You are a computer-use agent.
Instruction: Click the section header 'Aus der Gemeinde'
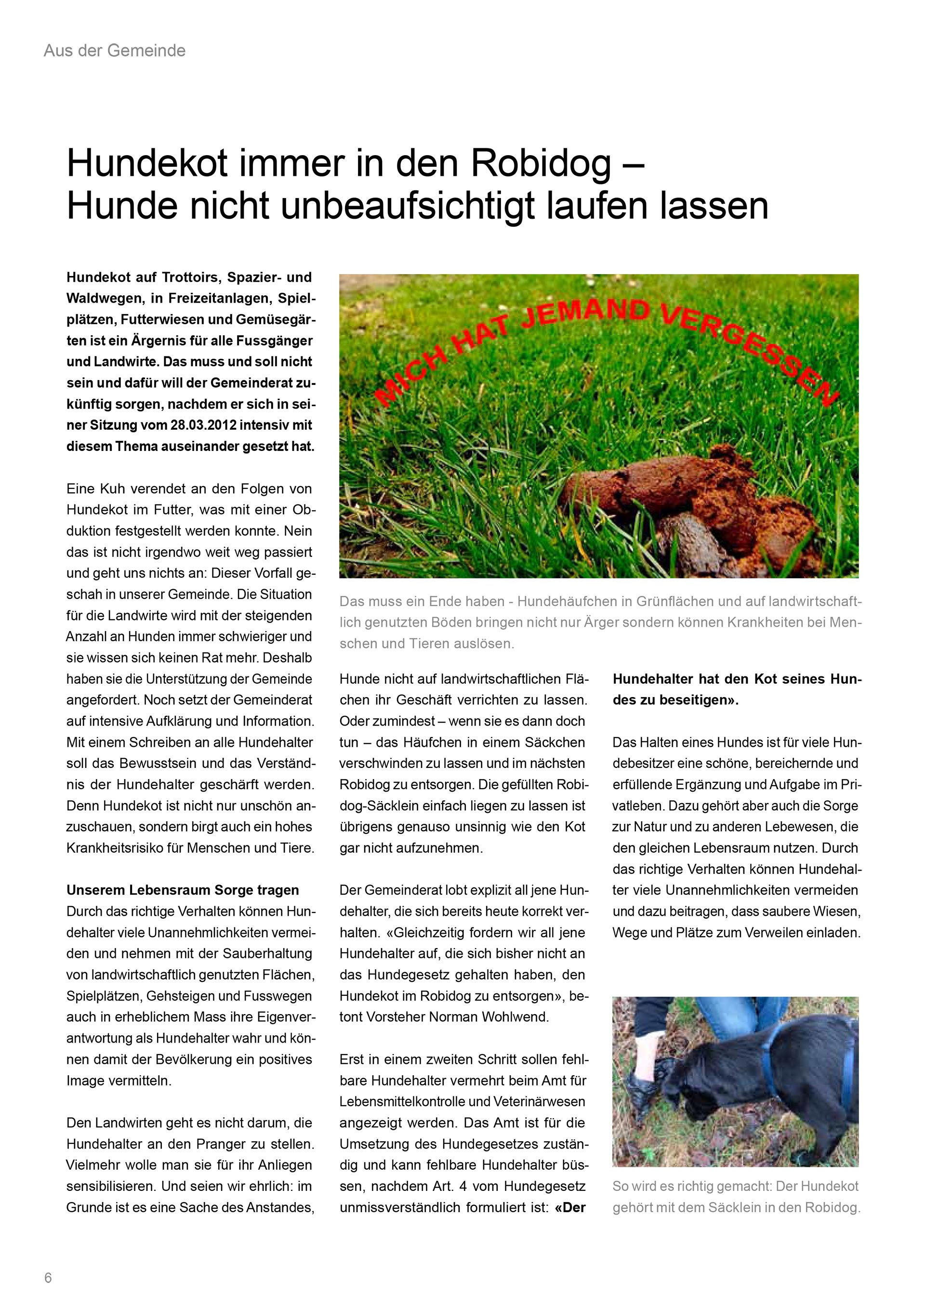click(x=115, y=51)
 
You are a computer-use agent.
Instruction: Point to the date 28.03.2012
click(x=203, y=425)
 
